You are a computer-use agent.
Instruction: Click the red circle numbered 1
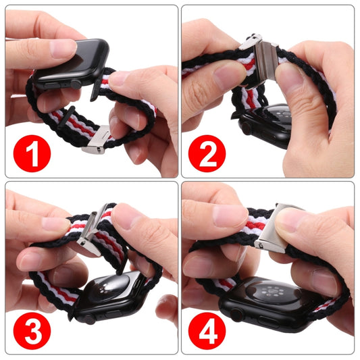32,153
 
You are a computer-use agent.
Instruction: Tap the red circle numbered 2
207,153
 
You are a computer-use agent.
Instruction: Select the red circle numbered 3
32,331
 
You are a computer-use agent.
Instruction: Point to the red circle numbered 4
207,331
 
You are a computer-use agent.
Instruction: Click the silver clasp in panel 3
92,230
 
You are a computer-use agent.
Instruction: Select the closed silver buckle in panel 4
271,230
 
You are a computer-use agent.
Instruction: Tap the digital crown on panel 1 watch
76,84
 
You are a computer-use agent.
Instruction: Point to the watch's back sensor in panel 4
273,292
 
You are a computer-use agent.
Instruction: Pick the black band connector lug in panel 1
66,118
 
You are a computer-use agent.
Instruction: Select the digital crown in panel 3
90,319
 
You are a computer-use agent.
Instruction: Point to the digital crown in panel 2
246,128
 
